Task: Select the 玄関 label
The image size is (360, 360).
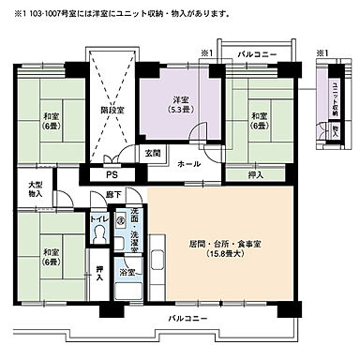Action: pos(153,152)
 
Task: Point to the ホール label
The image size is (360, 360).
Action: pos(188,162)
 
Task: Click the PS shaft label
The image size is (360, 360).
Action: pos(112,173)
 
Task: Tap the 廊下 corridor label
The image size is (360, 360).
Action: pos(112,195)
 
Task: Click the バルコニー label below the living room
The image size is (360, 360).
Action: pos(188,319)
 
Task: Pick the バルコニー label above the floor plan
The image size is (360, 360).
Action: pos(257,55)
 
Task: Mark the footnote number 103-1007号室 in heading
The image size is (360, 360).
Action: pos(43,14)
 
